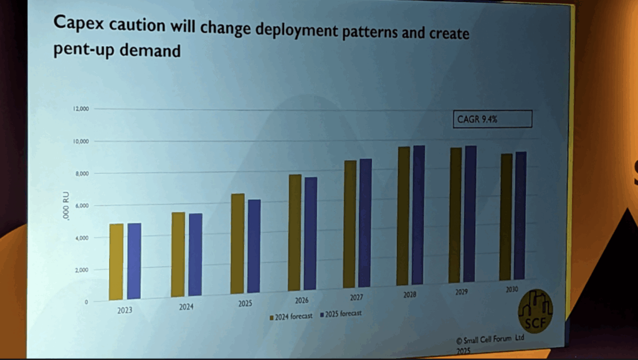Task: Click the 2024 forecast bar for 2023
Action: (116, 262)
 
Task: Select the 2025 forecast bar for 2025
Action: (254, 246)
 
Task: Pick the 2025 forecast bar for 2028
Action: (419, 215)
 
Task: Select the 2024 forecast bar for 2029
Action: (455, 215)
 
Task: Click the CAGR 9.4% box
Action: (492, 119)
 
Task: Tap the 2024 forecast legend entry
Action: (290, 316)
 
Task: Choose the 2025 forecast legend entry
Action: (340, 314)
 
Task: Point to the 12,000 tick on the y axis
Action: (82, 109)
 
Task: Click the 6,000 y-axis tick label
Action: (82, 206)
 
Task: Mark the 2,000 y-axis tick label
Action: (82, 270)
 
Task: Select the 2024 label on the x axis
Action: (187, 307)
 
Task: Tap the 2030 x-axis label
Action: (512, 290)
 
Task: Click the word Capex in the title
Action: (78, 24)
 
